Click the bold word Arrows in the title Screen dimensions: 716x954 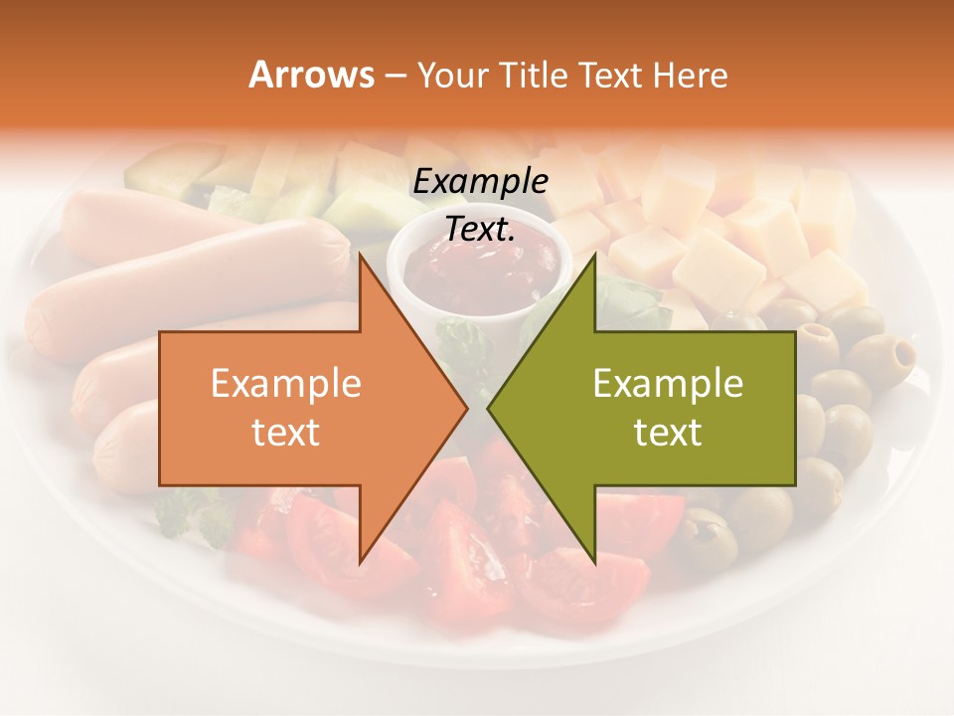[x=312, y=75]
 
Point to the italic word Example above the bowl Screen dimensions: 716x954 [x=480, y=182]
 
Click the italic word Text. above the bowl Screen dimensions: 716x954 [x=480, y=230]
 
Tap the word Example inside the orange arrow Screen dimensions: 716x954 [x=286, y=384]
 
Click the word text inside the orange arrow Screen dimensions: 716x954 [x=286, y=433]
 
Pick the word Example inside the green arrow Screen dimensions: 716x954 [x=668, y=384]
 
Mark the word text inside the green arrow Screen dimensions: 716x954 [x=668, y=433]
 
